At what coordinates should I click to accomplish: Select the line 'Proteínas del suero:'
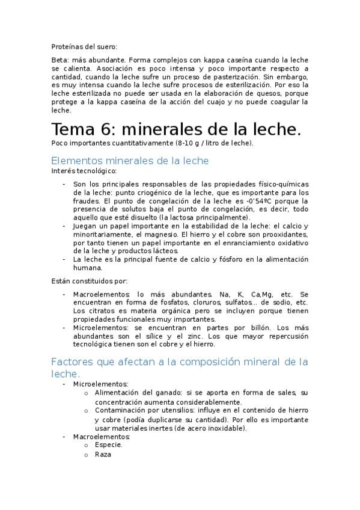tap(84, 46)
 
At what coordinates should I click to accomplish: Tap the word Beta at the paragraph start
tap(60, 60)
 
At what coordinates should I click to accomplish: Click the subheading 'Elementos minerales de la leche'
tap(130, 161)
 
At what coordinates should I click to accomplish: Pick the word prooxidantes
tap(282, 234)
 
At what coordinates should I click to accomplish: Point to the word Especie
tap(108, 444)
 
